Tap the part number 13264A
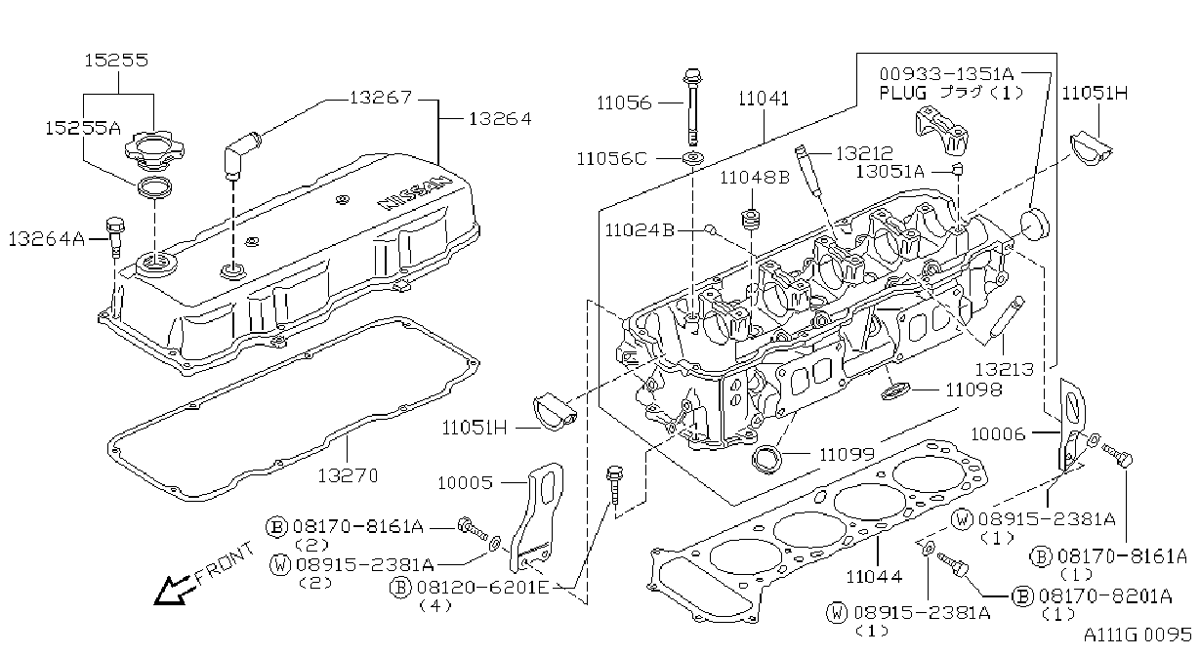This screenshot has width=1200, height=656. pyautogui.click(x=47, y=239)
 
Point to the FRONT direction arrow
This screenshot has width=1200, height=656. pyautogui.click(x=171, y=591)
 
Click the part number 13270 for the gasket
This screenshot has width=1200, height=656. pyautogui.click(x=349, y=475)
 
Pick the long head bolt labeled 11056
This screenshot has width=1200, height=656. pyautogui.click(x=692, y=106)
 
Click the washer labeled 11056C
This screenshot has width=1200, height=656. pyautogui.click(x=692, y=158)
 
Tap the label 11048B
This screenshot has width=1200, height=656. pyautogui.click(x=755, y=178)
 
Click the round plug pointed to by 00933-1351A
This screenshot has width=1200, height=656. pyautogui.click(x=1034, y=225)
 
